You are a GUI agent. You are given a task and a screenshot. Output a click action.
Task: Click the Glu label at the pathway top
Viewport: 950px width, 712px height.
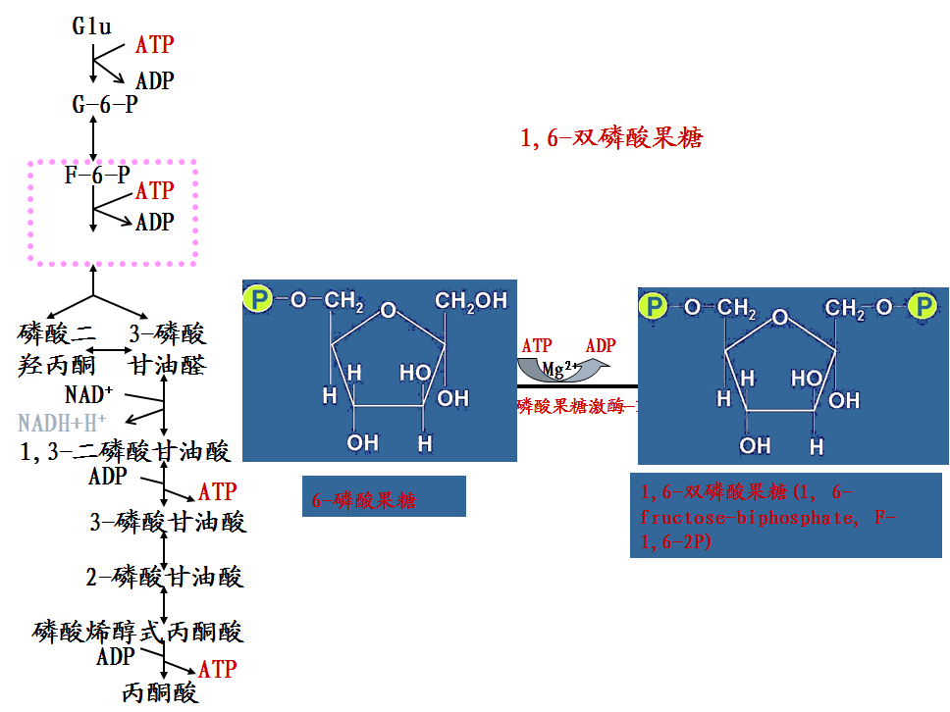click(91, 26)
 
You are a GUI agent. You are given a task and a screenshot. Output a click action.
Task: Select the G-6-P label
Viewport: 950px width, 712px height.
click(105, 104)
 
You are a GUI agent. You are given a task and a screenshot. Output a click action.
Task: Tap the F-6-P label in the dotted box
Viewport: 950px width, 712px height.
click(97, 176)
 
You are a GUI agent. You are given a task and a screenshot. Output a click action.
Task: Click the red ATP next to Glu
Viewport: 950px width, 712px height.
click(154, 44)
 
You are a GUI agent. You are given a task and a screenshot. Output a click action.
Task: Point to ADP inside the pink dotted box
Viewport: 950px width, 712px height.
click(154, 223)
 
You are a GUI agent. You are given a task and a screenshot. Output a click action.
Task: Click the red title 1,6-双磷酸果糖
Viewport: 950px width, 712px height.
click(611, 138)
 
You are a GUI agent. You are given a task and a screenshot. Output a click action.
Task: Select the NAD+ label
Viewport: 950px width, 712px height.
click(89, 395)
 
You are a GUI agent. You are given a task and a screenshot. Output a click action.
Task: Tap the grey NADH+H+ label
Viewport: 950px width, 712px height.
click(62, 424)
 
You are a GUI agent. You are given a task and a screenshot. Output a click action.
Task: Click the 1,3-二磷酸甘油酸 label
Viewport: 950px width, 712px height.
click(126, 451)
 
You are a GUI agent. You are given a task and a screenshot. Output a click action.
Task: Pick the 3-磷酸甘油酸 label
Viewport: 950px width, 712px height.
click(168, 521)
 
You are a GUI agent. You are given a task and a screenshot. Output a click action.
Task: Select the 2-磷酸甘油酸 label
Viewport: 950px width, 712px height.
click(165, 577)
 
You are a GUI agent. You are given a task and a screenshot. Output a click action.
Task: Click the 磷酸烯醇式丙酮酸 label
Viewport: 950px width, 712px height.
click(137, 631)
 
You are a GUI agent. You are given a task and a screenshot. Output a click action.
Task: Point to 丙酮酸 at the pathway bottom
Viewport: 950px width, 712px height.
click(160, 692)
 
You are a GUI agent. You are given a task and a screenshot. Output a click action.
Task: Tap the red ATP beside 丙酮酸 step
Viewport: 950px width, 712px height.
click(217, 669)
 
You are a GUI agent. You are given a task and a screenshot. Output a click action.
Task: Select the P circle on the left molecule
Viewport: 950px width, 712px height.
click(258, 300)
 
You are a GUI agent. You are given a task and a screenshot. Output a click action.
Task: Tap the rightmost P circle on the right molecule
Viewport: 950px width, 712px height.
click(923, 307)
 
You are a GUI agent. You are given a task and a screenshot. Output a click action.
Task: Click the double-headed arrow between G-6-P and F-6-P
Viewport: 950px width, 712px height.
click(93, 138)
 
